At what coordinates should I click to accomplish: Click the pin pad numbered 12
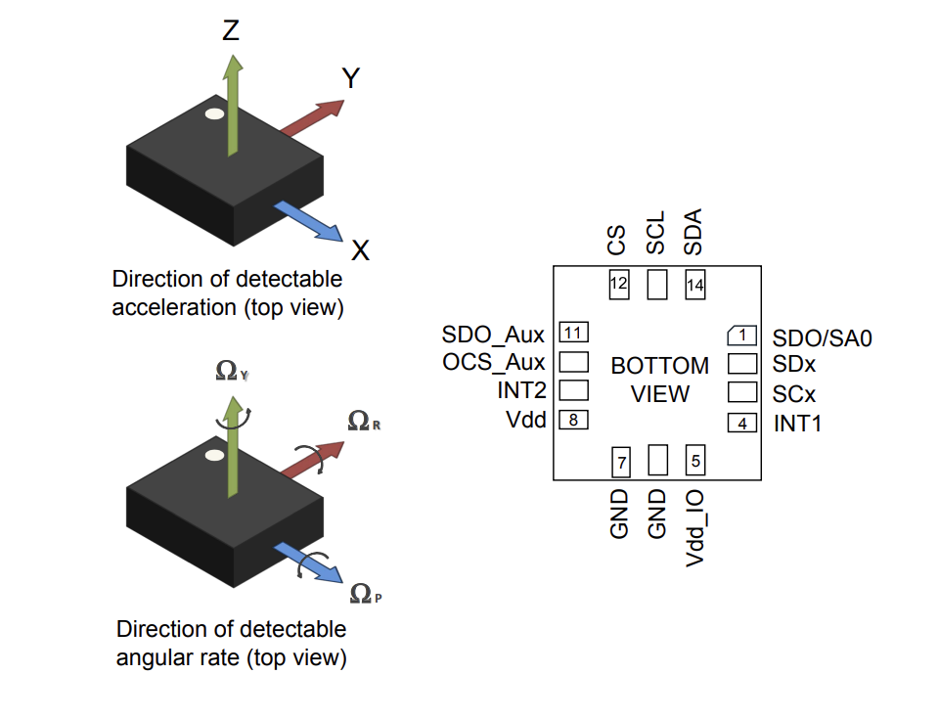(x=619, y=284)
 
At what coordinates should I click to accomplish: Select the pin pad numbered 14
(x=695, y=285)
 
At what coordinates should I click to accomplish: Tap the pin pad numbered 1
(x=743, y=335)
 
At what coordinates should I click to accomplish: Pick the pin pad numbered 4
(x=742, y=424)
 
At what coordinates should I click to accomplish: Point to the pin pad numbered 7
(x=620, y=460)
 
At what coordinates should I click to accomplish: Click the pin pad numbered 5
(x=695, y=460)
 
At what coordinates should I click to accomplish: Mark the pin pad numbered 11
(x=573, y=332)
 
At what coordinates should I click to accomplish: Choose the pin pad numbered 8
(x=573, y=420)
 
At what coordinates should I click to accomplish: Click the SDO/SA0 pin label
(x=822, y=338)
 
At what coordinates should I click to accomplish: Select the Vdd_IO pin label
(x=695, y=527)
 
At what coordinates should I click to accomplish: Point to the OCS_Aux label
(x=493, y=363)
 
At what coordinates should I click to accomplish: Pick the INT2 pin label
(x=520, y=391)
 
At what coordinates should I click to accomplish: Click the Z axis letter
(x=231, y=30)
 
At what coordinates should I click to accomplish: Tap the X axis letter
(x=360, y=250)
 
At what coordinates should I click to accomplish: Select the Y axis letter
(x=351, y=78)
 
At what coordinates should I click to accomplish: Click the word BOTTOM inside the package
(x=659, y=366)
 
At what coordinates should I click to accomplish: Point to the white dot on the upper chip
(x=214, y=115)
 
